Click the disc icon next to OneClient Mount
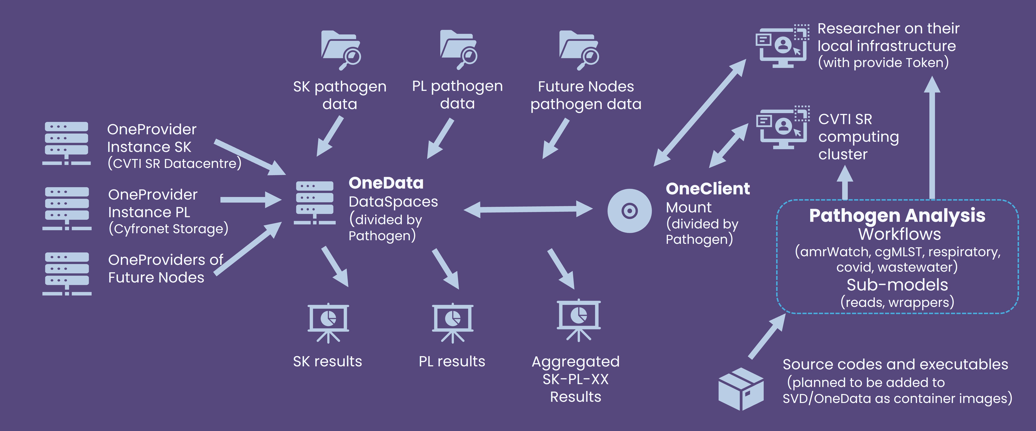pos(629,210)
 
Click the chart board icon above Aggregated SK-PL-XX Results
pos(578,320)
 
